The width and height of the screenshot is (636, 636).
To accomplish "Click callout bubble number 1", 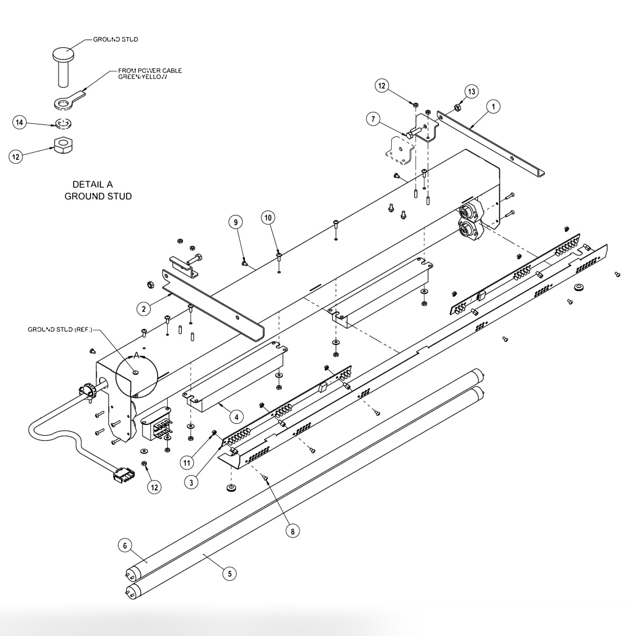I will tap(493, 105).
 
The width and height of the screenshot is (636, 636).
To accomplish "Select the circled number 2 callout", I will tap(144, 308).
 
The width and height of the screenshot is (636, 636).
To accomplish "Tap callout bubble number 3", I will tap(193, 482).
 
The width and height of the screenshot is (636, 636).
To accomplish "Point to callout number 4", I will tap(236, 416).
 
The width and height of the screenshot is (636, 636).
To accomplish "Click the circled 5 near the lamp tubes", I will tap(228, 573).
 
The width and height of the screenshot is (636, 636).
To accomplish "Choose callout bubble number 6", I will tap(126, 545).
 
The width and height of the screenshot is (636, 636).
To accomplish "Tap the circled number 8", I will tap(292, 530).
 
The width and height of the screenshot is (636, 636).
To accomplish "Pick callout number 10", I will tap(269, 217).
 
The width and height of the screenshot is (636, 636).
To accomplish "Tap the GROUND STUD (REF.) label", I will tap(60, 329).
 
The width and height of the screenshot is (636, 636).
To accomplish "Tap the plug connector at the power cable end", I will tap(120, 474).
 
